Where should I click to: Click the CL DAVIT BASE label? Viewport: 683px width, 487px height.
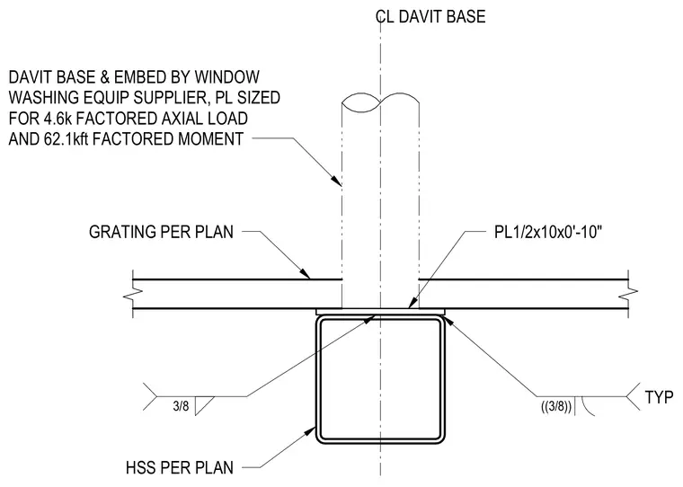(x=430, y=16)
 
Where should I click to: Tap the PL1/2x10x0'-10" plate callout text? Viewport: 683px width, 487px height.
(x=547, y=232)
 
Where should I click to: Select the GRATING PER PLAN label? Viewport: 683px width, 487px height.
(x=161, y=232)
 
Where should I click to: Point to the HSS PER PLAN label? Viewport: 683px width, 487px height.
(x=180, y=468)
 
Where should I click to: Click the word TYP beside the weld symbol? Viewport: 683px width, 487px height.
(x=659, y=397)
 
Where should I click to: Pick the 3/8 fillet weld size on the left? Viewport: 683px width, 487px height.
(x=181, y=406)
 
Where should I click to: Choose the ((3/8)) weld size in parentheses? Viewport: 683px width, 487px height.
(x=556, y=407)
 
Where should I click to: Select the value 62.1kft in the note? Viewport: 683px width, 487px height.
(x=66, y=139)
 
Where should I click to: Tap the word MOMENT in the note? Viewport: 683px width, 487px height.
(x=211, y=139)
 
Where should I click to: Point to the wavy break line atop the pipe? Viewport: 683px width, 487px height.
(x=381, y=101)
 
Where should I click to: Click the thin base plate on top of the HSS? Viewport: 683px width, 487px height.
(x=381, y=312)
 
